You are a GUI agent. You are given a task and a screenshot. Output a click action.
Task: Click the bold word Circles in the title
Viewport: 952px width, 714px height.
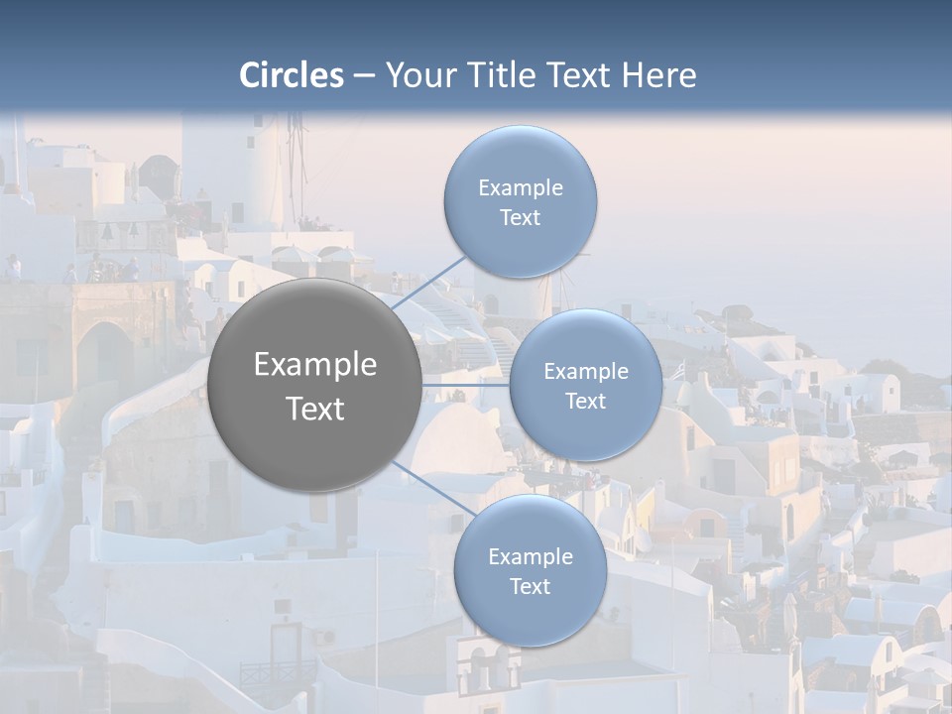tap(292, 75)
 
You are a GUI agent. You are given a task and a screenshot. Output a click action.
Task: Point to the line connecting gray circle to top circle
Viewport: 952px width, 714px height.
tap(428, 282)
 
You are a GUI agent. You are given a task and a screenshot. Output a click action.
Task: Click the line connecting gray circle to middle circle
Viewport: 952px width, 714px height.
tap(466, 384)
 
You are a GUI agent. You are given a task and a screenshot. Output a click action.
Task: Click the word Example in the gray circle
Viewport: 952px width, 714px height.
tap(315, 365)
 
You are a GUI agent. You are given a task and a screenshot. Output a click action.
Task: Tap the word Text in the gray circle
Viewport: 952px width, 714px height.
tap(315, 409)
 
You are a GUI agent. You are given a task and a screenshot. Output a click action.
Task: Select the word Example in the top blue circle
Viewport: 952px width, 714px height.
tap(520, 188)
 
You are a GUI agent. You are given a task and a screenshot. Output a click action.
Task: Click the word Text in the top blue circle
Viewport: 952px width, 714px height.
tap(520, 218)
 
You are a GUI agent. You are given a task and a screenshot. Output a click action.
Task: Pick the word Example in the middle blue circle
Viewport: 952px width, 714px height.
tap(585, 372)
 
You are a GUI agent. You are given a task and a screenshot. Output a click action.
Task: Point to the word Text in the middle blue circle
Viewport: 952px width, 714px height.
tap(585, 402)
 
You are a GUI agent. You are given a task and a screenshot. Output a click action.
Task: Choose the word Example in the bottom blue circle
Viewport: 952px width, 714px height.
tap(530, 557)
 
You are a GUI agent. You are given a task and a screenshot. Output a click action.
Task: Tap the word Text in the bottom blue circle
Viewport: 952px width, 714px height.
tap(530, 587)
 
